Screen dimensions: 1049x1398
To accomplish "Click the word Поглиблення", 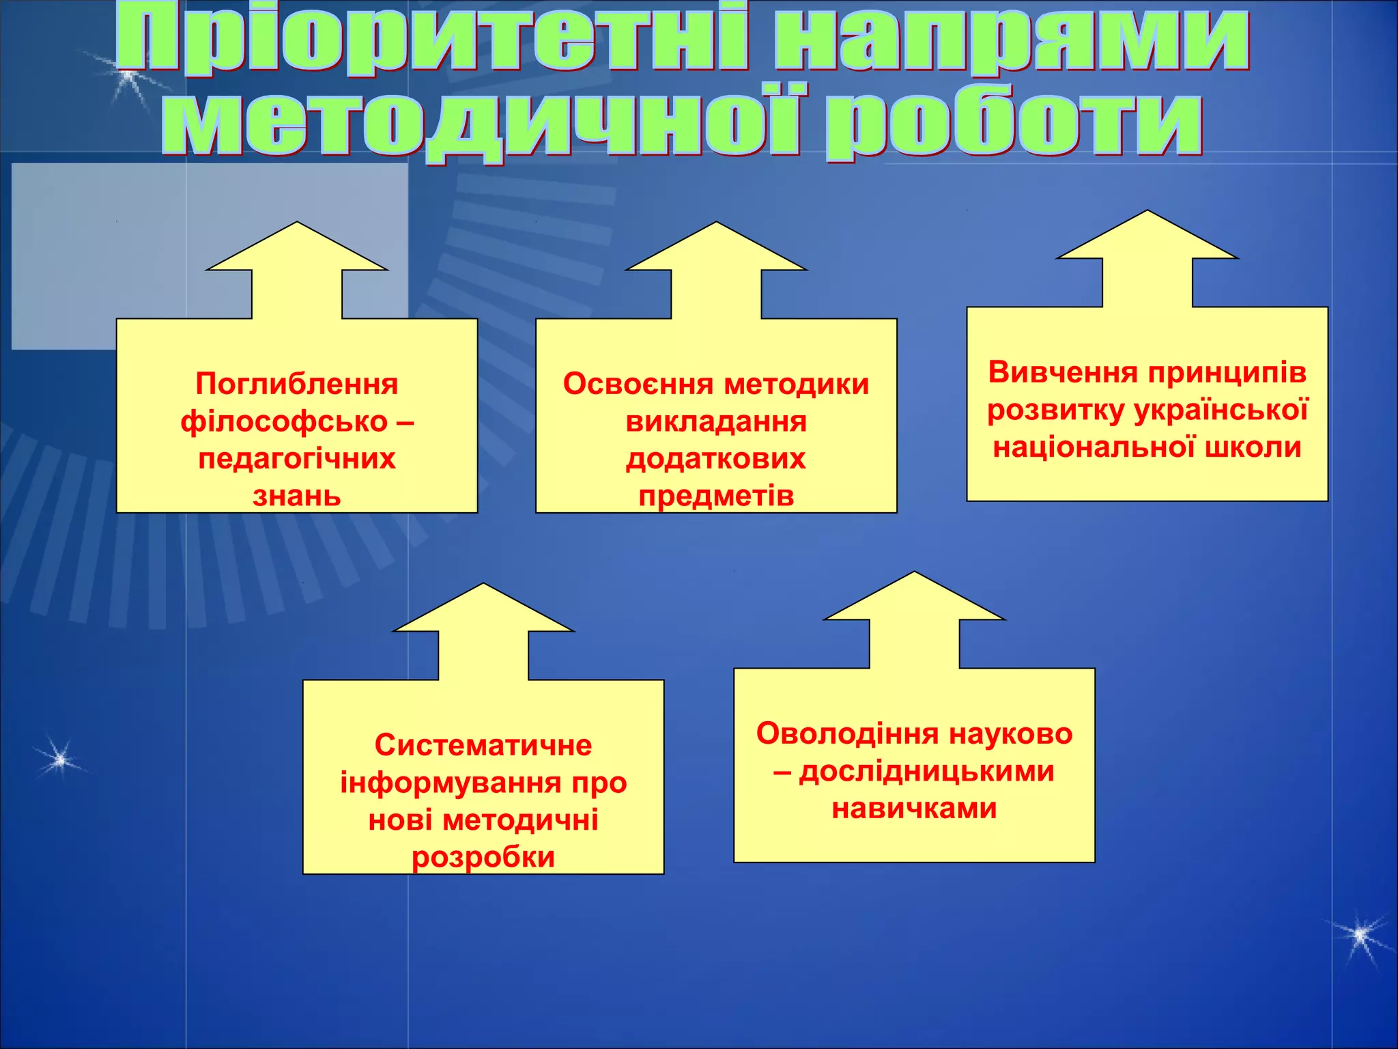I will tap(297, 384).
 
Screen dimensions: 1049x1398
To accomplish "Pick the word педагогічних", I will tap(297, 458).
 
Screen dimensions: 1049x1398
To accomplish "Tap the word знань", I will tap(297, 496).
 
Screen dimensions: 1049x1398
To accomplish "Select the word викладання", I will tap(716, 421).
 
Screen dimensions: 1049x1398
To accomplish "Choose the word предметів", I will tap(716, 496).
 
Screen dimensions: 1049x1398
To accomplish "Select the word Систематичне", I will tap(483, 744).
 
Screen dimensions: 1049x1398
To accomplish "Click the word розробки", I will tap(483, 857).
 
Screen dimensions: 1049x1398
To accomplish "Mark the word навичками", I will tap(915, 809).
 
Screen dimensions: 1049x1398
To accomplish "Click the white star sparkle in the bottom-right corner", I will tap(1361, 935).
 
